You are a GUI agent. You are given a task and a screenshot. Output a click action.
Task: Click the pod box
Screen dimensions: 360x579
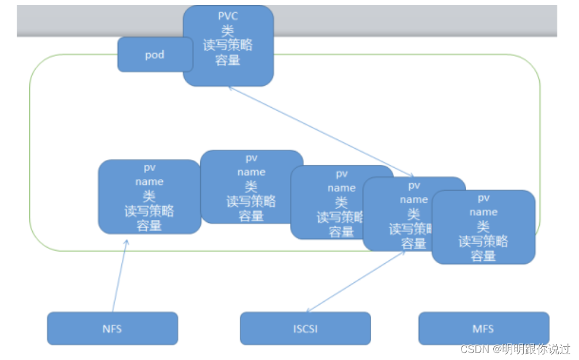pyautogui.click(x=154, y=55)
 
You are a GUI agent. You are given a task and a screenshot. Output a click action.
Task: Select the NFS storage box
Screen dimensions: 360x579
pyautogui.click(x=113, y=329)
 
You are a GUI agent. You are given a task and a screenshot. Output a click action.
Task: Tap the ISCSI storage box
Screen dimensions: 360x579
pyautogui.click(x=305, y=329)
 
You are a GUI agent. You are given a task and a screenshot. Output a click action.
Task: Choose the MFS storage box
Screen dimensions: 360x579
pyautogui.click(x=483, y=329)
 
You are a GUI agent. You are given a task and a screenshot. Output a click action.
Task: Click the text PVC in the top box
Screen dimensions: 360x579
pyautogui.click(x=228, y=16)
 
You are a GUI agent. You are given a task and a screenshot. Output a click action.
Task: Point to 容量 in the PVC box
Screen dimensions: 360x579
pyautogui.click(x=228, y=60)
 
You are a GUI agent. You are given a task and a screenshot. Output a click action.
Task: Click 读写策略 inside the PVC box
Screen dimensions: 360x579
pyautogui.click(x=228, y=46)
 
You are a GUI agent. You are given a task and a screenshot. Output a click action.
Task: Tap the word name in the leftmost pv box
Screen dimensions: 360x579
pyautogui.click(x=149, y=181)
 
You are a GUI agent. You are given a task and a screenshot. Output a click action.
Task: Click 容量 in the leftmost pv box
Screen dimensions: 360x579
pyautogui.click(x=149, y=226)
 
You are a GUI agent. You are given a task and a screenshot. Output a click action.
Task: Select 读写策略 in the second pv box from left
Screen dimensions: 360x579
pyautogui.click(x=251, y=201)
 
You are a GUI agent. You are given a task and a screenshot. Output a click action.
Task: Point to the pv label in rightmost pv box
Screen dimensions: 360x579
pyautogui.click(x=483, y=198)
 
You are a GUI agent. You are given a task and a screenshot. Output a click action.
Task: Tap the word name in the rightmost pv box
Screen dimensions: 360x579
pyautogui.click(x=483, y=213)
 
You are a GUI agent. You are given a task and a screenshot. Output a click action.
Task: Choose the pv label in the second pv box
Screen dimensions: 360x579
pyautogui.click(x=251, y=158)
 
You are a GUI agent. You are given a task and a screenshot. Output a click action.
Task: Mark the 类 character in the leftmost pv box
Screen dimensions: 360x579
pyautogui.click(x=149, y=196)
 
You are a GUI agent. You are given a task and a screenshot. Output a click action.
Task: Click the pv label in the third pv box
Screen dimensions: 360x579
pyautogui.click(x=341, y=173)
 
